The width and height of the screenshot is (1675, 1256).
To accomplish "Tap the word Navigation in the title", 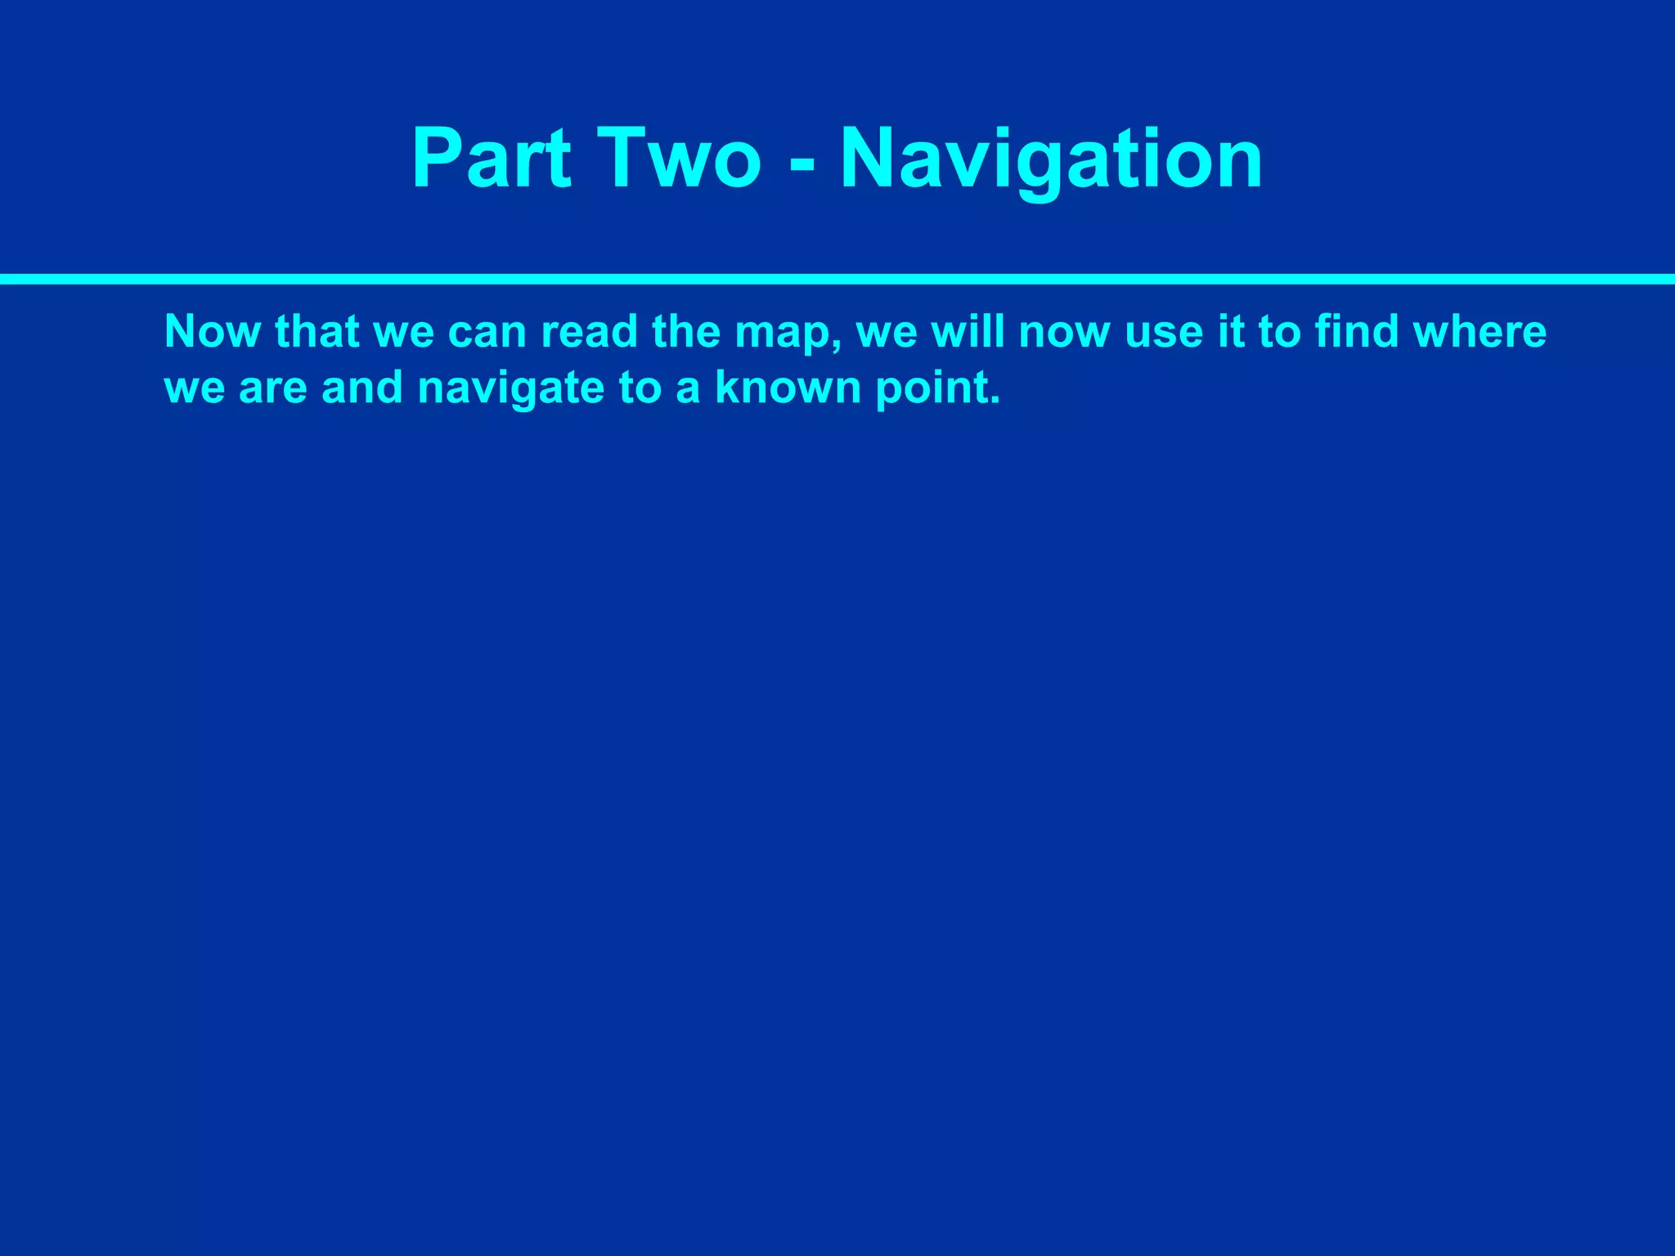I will pos(1051,159).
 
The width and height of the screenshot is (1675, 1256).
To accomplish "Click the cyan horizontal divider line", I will pos(837,279).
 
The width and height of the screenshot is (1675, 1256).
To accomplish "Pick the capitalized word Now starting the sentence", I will pos(212,332).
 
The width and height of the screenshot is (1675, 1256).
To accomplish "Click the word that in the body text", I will pos(317,332).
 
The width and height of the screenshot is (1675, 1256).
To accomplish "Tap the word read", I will pos(589,332).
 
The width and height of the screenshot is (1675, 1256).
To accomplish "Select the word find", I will pos(1356,332).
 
